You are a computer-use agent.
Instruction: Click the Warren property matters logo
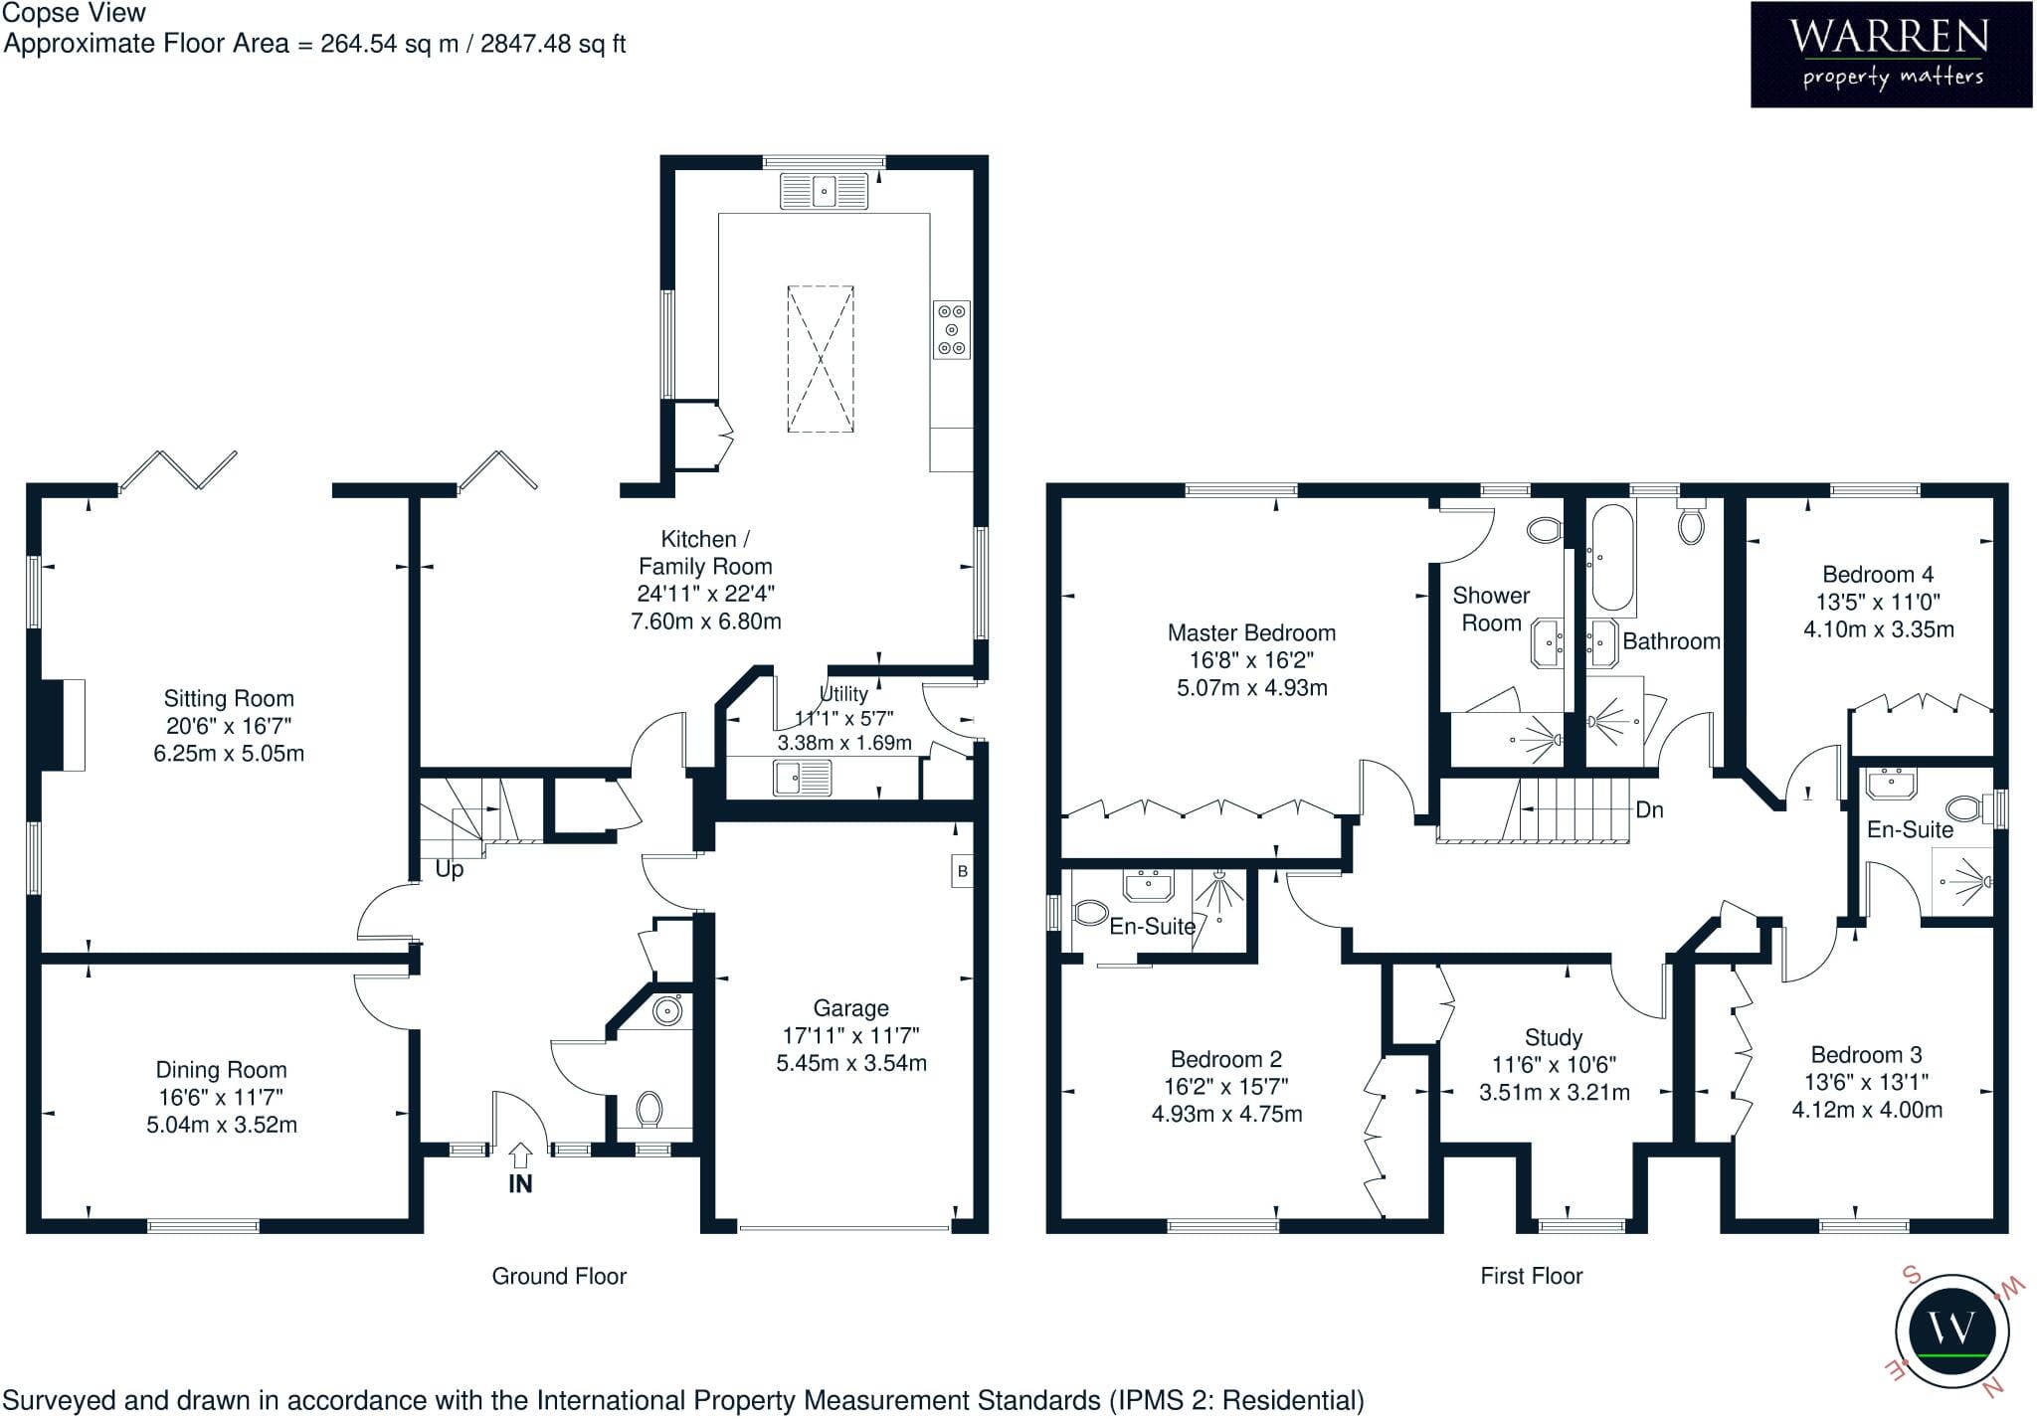(x=1891, y=55)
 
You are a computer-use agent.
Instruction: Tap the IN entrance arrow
(x=520, y=1155)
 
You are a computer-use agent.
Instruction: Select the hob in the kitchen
(x=952, y=329)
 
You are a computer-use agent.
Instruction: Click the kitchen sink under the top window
(x=824, y=191)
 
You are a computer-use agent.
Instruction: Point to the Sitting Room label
(x=229, y=698)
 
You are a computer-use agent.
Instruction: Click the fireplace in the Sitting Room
(x=63, y=725)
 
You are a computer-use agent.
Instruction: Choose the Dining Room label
(x=221, y=1070)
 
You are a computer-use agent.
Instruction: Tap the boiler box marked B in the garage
(x=962, y=871)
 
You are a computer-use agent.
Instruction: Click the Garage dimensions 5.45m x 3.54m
(x=851, y=1063)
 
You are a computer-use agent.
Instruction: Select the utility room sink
(x=803, y=777)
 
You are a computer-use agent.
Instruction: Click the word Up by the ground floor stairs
(x=450, y=870)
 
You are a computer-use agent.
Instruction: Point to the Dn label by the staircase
(x=1649, y=809)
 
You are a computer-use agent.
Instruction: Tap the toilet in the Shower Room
(x=1545, y=530)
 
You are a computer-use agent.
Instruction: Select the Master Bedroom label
(x=1251, y=632)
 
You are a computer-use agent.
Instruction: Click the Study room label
(x=1554, y=1038)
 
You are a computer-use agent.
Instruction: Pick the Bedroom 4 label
(x=1878, y=574)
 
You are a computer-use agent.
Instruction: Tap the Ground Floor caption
(x=559, y=1276)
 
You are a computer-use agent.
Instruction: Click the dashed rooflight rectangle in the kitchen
(x=821, y=359)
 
